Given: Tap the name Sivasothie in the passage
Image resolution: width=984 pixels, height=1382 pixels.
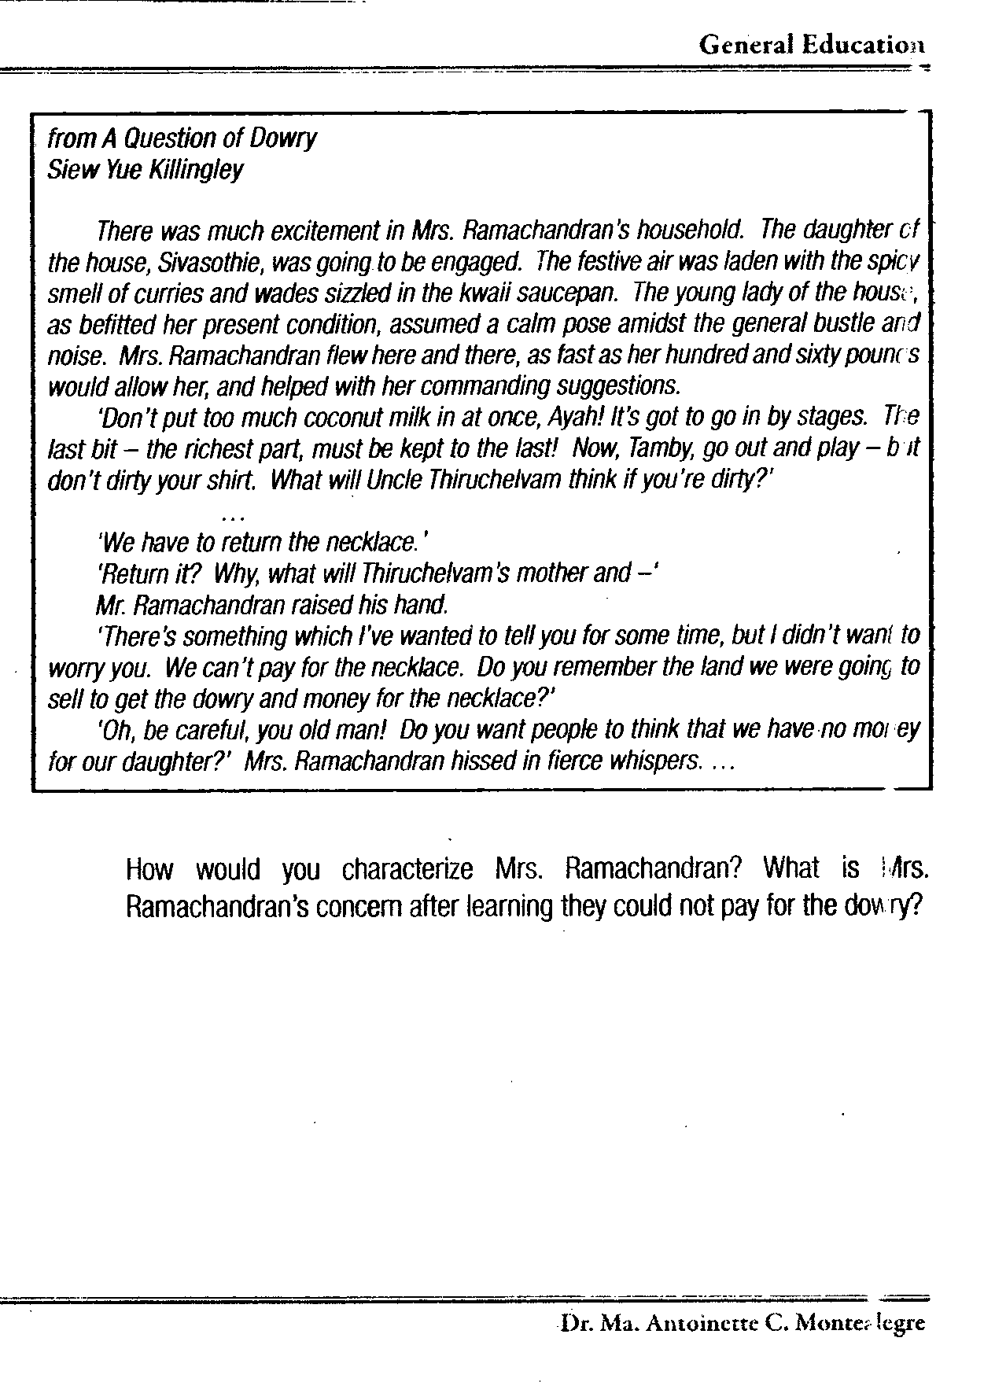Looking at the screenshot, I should pos(192,262).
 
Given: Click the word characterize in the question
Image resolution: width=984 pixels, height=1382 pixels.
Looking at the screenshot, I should pos(407,870).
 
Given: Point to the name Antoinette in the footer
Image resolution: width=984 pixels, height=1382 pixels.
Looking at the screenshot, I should pos(700,1324).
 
